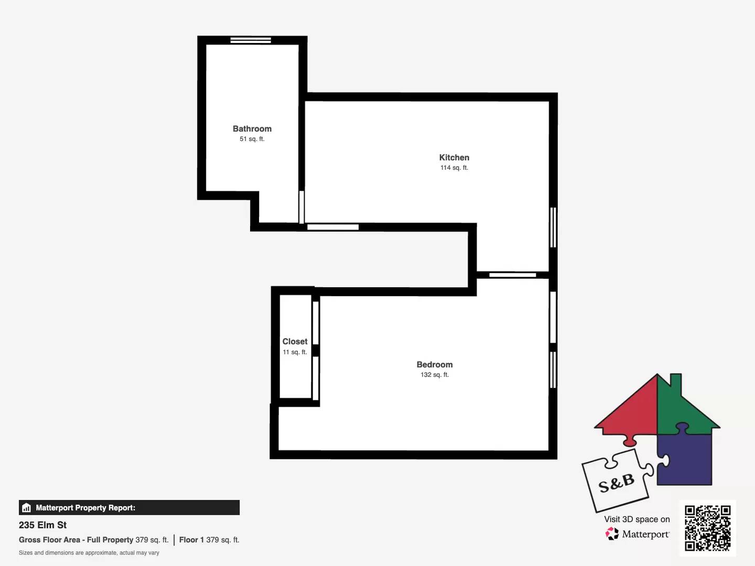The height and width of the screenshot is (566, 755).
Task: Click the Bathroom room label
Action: coord(252,129)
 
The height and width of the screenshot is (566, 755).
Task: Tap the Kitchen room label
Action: coord(454,157)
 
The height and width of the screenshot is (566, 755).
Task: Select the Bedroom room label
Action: coord(435,365)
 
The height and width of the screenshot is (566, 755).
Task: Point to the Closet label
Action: coord(295,342)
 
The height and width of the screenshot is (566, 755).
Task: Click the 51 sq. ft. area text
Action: coord(252,139)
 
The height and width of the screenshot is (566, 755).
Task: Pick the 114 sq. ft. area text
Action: coord(454,168)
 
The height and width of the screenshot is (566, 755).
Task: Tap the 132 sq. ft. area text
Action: coord(435,375)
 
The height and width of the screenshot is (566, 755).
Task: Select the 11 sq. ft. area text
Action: coord(295,352)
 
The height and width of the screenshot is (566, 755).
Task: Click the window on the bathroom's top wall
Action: coord(251,40)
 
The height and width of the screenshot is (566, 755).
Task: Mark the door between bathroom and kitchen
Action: coord(301,207)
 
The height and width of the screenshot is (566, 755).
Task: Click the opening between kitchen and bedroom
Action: coord(512,275)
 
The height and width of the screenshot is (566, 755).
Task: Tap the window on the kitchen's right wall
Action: coord(553,227)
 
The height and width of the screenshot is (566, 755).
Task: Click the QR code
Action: coord(707,528)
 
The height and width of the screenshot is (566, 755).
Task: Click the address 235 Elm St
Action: coord(43,525)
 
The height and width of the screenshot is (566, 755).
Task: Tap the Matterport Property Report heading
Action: coord(85,508)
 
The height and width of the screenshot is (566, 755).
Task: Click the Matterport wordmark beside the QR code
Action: coord(645,534)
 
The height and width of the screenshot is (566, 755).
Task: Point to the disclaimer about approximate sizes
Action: coord(89,553)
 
